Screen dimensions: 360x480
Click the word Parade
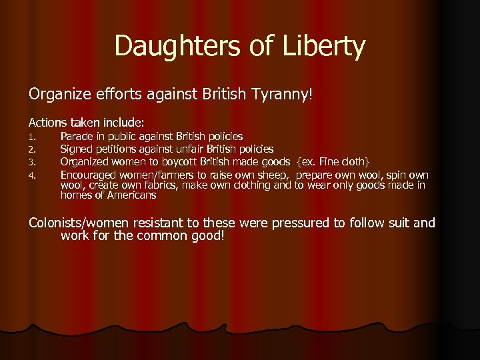pyautogui.click(x=78, y=137)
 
